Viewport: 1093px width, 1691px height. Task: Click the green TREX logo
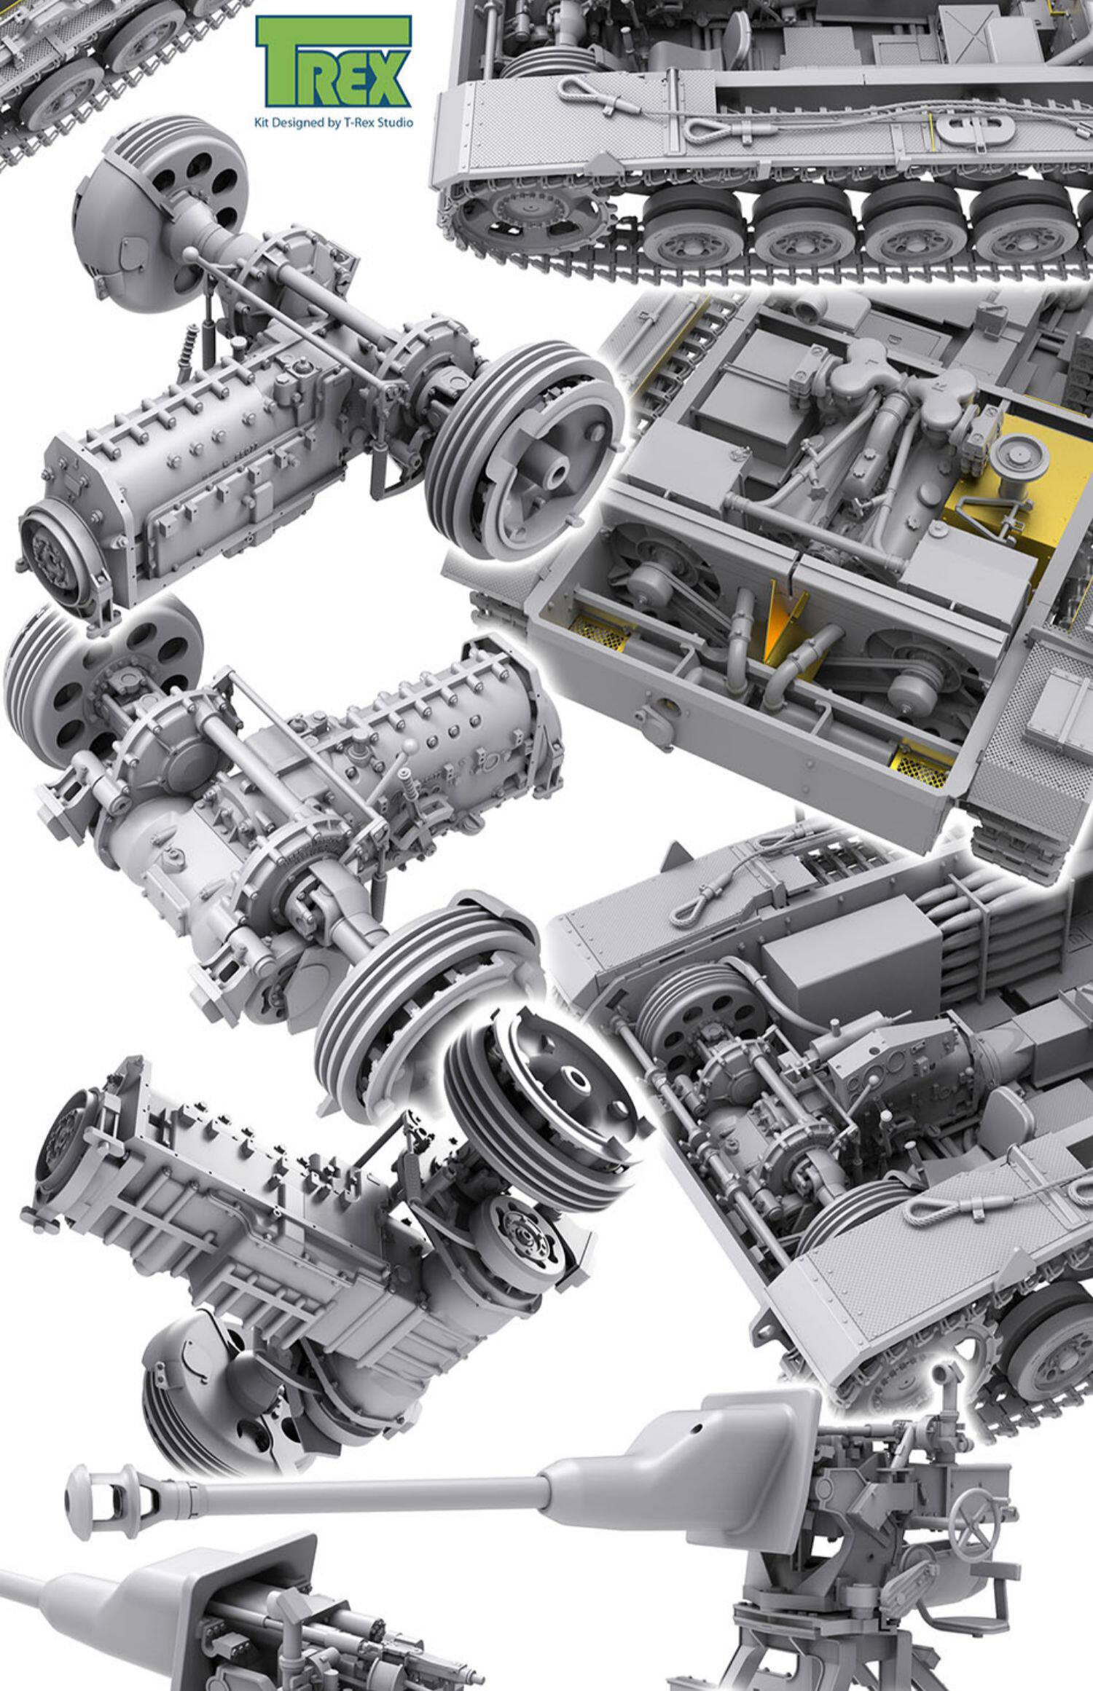[333, 63]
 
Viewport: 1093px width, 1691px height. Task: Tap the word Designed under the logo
[299, 123]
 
